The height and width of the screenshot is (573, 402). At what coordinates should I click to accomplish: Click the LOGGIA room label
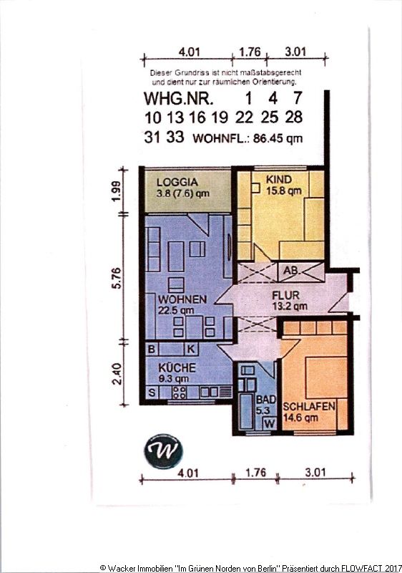[177, 182]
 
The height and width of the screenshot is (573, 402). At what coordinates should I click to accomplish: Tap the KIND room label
[279, 180]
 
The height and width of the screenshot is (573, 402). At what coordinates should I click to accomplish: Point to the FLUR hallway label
[285, 295]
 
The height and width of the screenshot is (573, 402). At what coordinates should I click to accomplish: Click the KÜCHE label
[177, 367]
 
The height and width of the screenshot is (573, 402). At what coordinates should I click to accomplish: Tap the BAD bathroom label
[266, 399]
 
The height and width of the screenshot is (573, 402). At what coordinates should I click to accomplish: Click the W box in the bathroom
[270, 423]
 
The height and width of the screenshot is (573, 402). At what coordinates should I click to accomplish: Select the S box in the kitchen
[152, 393]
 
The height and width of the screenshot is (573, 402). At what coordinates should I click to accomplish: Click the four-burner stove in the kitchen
[179, 393]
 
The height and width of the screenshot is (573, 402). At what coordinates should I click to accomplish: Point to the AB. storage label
[291, 271]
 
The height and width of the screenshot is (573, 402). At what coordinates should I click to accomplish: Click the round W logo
[163, 451]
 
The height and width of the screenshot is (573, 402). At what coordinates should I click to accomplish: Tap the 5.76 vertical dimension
[116, 278]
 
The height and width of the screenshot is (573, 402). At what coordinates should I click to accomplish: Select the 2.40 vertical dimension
[117, 373]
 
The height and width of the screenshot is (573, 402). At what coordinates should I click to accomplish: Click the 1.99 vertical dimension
[116, 191]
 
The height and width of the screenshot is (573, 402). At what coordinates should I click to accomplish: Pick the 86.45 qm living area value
[278, 138]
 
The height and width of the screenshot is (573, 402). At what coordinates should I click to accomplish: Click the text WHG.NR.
[178, 98]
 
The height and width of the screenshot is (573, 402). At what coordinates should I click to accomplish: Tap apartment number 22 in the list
[244, 117]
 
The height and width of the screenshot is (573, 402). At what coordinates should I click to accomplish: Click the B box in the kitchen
[152, 349]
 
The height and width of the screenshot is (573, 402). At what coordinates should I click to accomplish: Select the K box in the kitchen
[191, 349]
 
